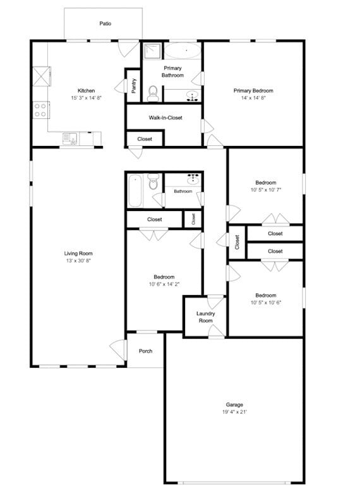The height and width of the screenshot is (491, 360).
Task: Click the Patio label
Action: tap(105, 23)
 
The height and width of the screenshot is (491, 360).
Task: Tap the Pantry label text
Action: tap(134, 86)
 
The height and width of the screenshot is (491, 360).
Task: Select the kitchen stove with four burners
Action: tap(41, 110)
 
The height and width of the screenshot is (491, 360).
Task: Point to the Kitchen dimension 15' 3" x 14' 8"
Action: tap(86, 98)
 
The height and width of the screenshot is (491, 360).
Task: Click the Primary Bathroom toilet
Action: tap(152, 95)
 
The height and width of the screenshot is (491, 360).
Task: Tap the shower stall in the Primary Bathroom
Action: tap(152, 51)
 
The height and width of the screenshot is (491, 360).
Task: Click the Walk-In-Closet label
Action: tap(165, 118)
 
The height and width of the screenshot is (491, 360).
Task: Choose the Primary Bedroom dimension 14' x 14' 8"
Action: tap(253, 98)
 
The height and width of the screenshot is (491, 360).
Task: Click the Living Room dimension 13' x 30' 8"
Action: tap(78, 261)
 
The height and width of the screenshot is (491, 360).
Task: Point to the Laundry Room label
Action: tap(205, 317)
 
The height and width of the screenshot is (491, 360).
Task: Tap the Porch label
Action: tap(145, 351)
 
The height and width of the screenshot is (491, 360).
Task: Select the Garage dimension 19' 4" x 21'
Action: tap(234, 412)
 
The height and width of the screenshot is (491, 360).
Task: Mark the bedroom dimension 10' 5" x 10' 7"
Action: tap(265, 190)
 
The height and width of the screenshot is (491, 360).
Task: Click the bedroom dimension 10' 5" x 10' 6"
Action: tap(265, 303)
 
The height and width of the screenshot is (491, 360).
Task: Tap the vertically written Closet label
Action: tap(237, 242)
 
